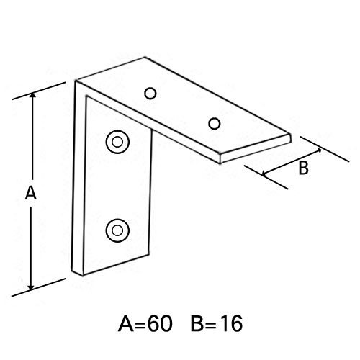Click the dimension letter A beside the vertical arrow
click(31, 194)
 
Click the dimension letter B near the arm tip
click(303, 168)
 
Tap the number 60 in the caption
click(160, 324)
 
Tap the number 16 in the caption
click(230, 324)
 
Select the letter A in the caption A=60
click(126, 324)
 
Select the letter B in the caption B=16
click(197, 324)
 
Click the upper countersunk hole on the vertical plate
click(117, 142)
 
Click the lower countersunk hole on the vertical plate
click(117, 230)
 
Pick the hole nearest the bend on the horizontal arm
click(150, 94)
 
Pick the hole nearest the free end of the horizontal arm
click(215, 124)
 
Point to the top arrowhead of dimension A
click(32, 95)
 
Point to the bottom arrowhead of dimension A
click(31, 287)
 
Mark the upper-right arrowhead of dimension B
click(318, 150)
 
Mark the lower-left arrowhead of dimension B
click(265, 174)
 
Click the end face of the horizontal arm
click(256, 148)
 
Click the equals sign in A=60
click(140, 325)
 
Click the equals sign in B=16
click(211, 325)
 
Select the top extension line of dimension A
click(39, 91)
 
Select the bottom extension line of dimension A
click(39, 287)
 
